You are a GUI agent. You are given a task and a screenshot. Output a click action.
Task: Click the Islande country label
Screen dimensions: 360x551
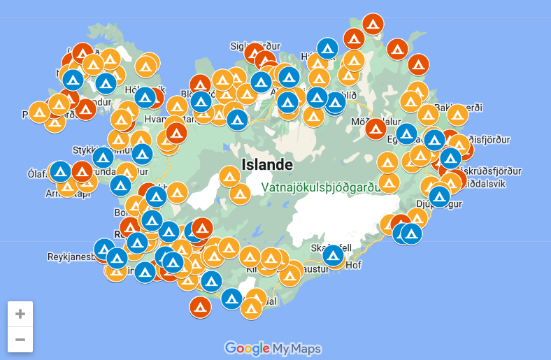[266, 165]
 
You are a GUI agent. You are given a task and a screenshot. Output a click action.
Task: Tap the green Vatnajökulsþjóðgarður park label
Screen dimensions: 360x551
[321, 187]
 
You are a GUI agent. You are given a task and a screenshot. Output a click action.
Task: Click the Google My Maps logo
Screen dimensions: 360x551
[273, 347]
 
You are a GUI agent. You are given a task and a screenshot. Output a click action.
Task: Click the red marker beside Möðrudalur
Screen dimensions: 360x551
[375, 129]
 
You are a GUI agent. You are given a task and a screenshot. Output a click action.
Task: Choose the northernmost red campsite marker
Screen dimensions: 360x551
[373, 24]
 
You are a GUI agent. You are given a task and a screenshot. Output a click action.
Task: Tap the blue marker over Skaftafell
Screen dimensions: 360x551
[334, 255]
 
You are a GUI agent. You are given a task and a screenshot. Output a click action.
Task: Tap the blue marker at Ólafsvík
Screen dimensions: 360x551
[61, 171]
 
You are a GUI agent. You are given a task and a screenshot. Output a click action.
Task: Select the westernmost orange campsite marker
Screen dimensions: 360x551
[39, 112]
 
